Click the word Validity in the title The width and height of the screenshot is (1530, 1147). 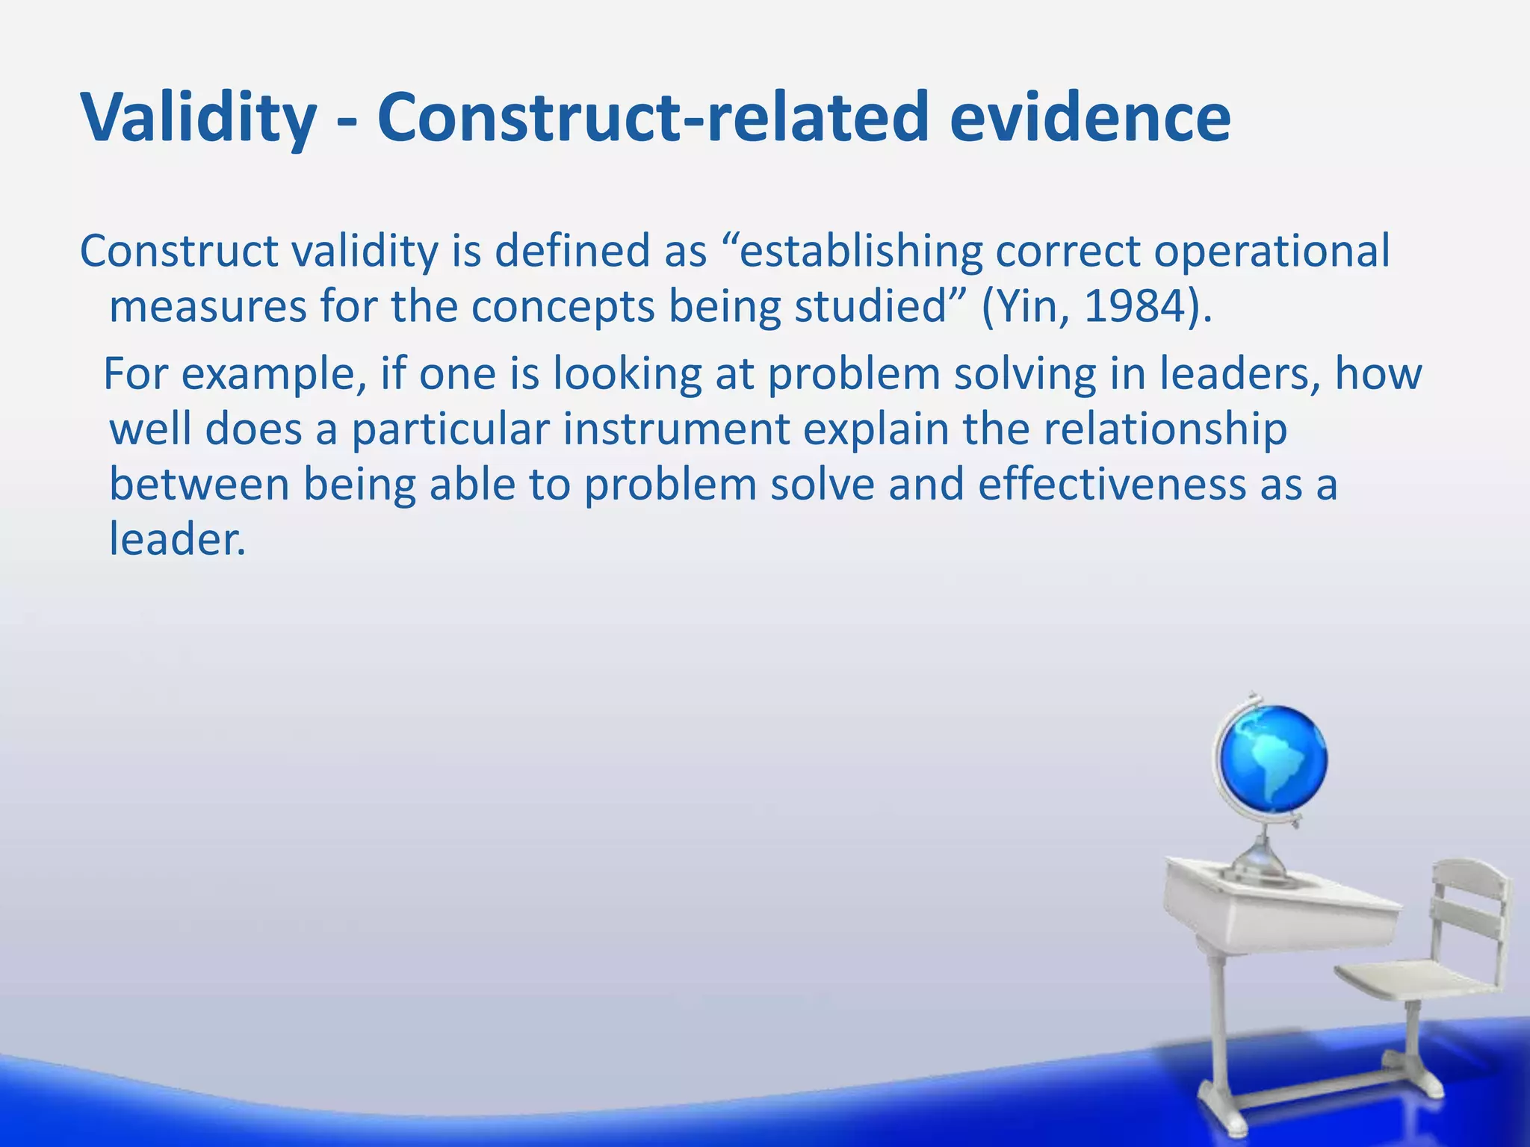pyautogui.click(x=198, y=118)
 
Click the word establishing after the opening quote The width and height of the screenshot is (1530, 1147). pyautogui.click(x=860, y=252)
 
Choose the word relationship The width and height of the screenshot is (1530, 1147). pyautogui.click(x=1165, y=429)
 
